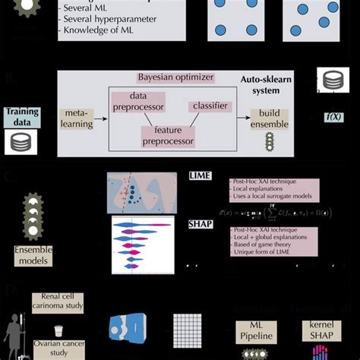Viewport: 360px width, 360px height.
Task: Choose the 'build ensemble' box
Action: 269,118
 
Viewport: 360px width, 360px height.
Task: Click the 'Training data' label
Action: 22,116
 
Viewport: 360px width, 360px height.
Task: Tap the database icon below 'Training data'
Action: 21,141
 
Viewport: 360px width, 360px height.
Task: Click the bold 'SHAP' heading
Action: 200,225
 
